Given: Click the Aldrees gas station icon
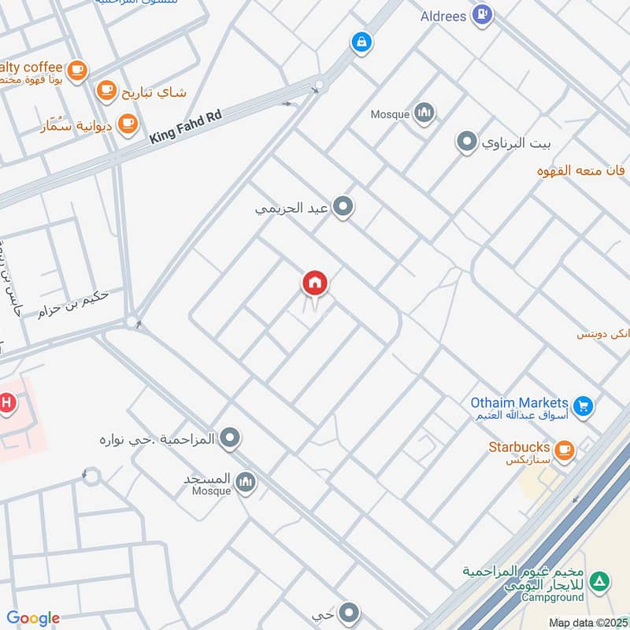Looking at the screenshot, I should coord(483,14).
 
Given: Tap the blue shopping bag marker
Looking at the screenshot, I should coord(361,43).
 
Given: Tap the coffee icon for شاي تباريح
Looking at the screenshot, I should coord(107,91).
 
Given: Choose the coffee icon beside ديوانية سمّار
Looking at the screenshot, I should coord(127,123).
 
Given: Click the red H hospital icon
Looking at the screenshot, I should coord(7,404).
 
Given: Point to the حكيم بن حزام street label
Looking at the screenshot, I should coord(72,303).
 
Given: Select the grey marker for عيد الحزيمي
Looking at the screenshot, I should coord(343,208).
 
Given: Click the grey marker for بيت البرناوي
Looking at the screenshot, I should coord(467,143).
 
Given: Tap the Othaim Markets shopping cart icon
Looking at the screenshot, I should coord(583,406).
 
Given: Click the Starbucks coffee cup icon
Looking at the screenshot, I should coord(563,450).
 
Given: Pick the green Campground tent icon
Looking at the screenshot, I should coord(600,581).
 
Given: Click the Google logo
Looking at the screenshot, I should coord(33,618).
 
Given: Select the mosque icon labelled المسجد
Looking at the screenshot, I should coord(246,482).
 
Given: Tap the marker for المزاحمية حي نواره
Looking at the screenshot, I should coord(230,437).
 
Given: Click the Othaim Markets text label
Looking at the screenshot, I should coord(520,402).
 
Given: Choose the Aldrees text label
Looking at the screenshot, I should coord(443,17).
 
